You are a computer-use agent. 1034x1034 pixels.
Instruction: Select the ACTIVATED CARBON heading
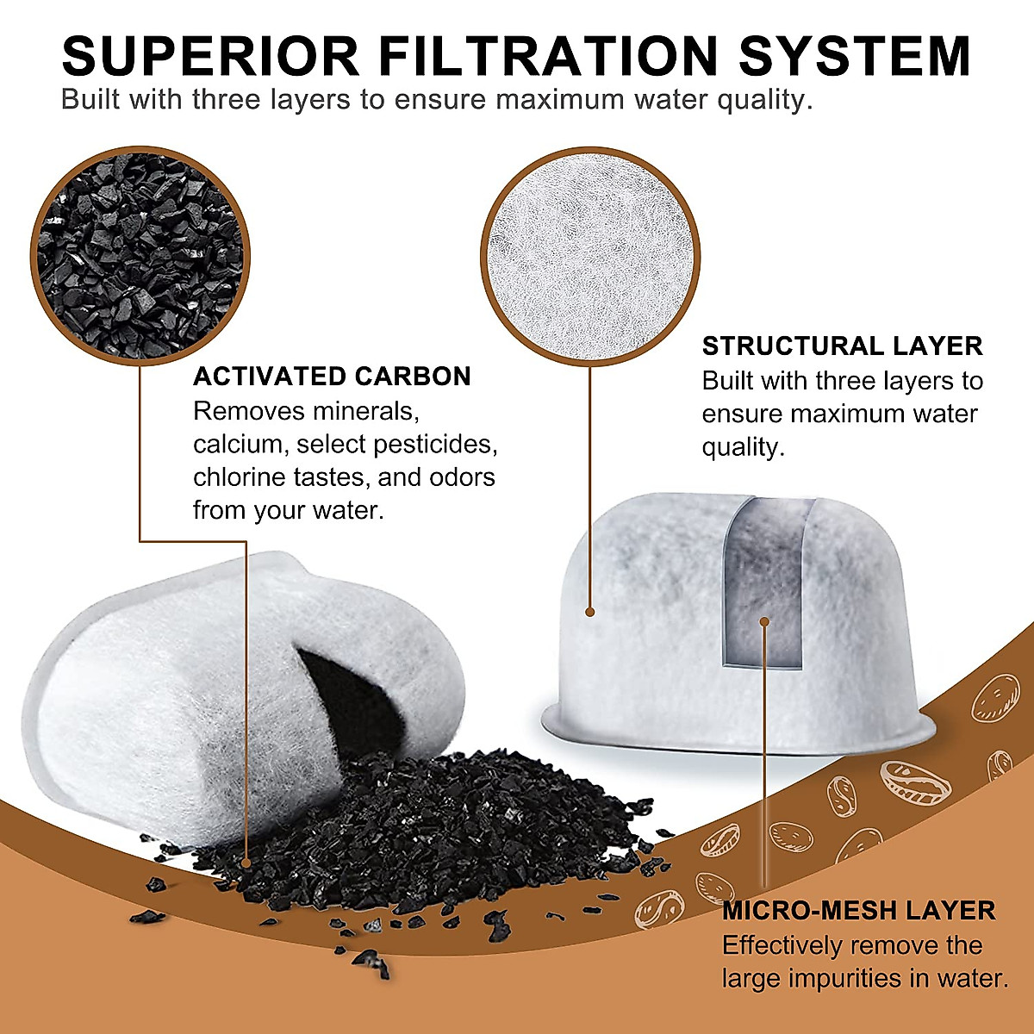pyautogui.click(x=332, y=377)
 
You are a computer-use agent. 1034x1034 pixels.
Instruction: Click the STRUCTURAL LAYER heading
pyautogui.click(x=842, y=346)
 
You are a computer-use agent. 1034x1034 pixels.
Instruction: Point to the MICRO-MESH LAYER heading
pyautogui.click(x=858, y=911)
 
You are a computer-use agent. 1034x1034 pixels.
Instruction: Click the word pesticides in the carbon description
pyautogui.click(x=445, y=445)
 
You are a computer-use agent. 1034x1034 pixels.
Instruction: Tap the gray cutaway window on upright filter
pyautogui.click(x=763, y=586)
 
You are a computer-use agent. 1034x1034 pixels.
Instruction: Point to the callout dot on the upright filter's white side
pyautogui.click(x=590, y=612)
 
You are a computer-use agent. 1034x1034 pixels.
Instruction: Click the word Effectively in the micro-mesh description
pyautogui.click(x=782, y=946)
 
